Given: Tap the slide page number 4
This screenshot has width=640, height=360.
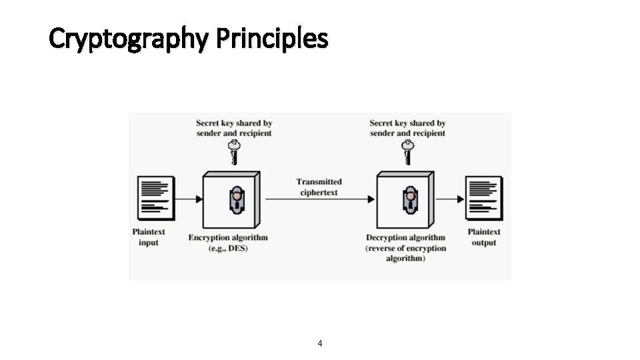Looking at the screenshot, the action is click(x=320, y=343).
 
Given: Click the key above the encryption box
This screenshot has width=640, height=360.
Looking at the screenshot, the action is click(x=233, y=152).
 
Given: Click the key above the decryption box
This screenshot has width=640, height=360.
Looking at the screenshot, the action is click(x=406, y=152).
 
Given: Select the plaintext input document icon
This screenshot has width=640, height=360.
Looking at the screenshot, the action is click(x=155, y=198).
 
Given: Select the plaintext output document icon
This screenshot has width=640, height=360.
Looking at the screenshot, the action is click(x=483, y=198).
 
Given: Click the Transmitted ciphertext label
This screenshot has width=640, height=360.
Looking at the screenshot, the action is click(x=319, y=187).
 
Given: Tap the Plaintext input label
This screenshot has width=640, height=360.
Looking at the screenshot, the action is click(x=149, y=237).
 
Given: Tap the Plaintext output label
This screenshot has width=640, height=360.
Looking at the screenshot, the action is click(x=484, y=237).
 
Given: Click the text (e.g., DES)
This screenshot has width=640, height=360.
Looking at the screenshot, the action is click(x=228, y=248).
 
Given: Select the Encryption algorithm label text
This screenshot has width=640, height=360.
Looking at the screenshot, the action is click(x=228, y=237).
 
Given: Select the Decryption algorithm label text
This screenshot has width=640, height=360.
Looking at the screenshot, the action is click(x=405, y=237).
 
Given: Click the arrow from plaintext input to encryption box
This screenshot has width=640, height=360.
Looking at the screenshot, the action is click(x=189, y=199).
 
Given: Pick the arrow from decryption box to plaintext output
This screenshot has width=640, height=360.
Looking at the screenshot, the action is click(x=450, y=199).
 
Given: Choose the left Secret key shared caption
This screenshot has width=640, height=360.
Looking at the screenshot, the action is click(x=234, y=128).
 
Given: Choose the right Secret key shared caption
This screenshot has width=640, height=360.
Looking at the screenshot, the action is click(x=407, y=128).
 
